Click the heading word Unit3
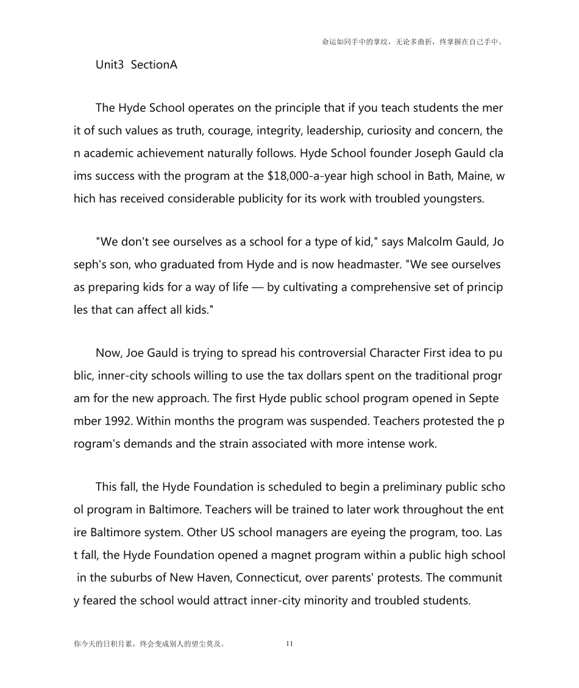(110, 64)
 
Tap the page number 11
(289, 644)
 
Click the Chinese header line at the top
(412, 42)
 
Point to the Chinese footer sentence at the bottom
(149, 644)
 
